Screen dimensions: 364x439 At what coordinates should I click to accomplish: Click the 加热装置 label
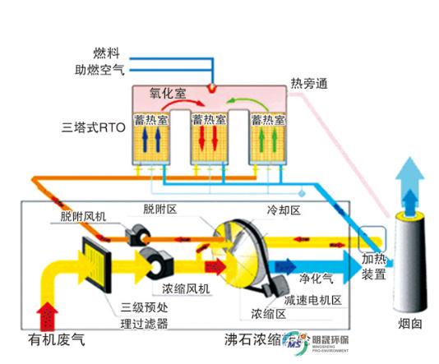pos(375,266)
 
